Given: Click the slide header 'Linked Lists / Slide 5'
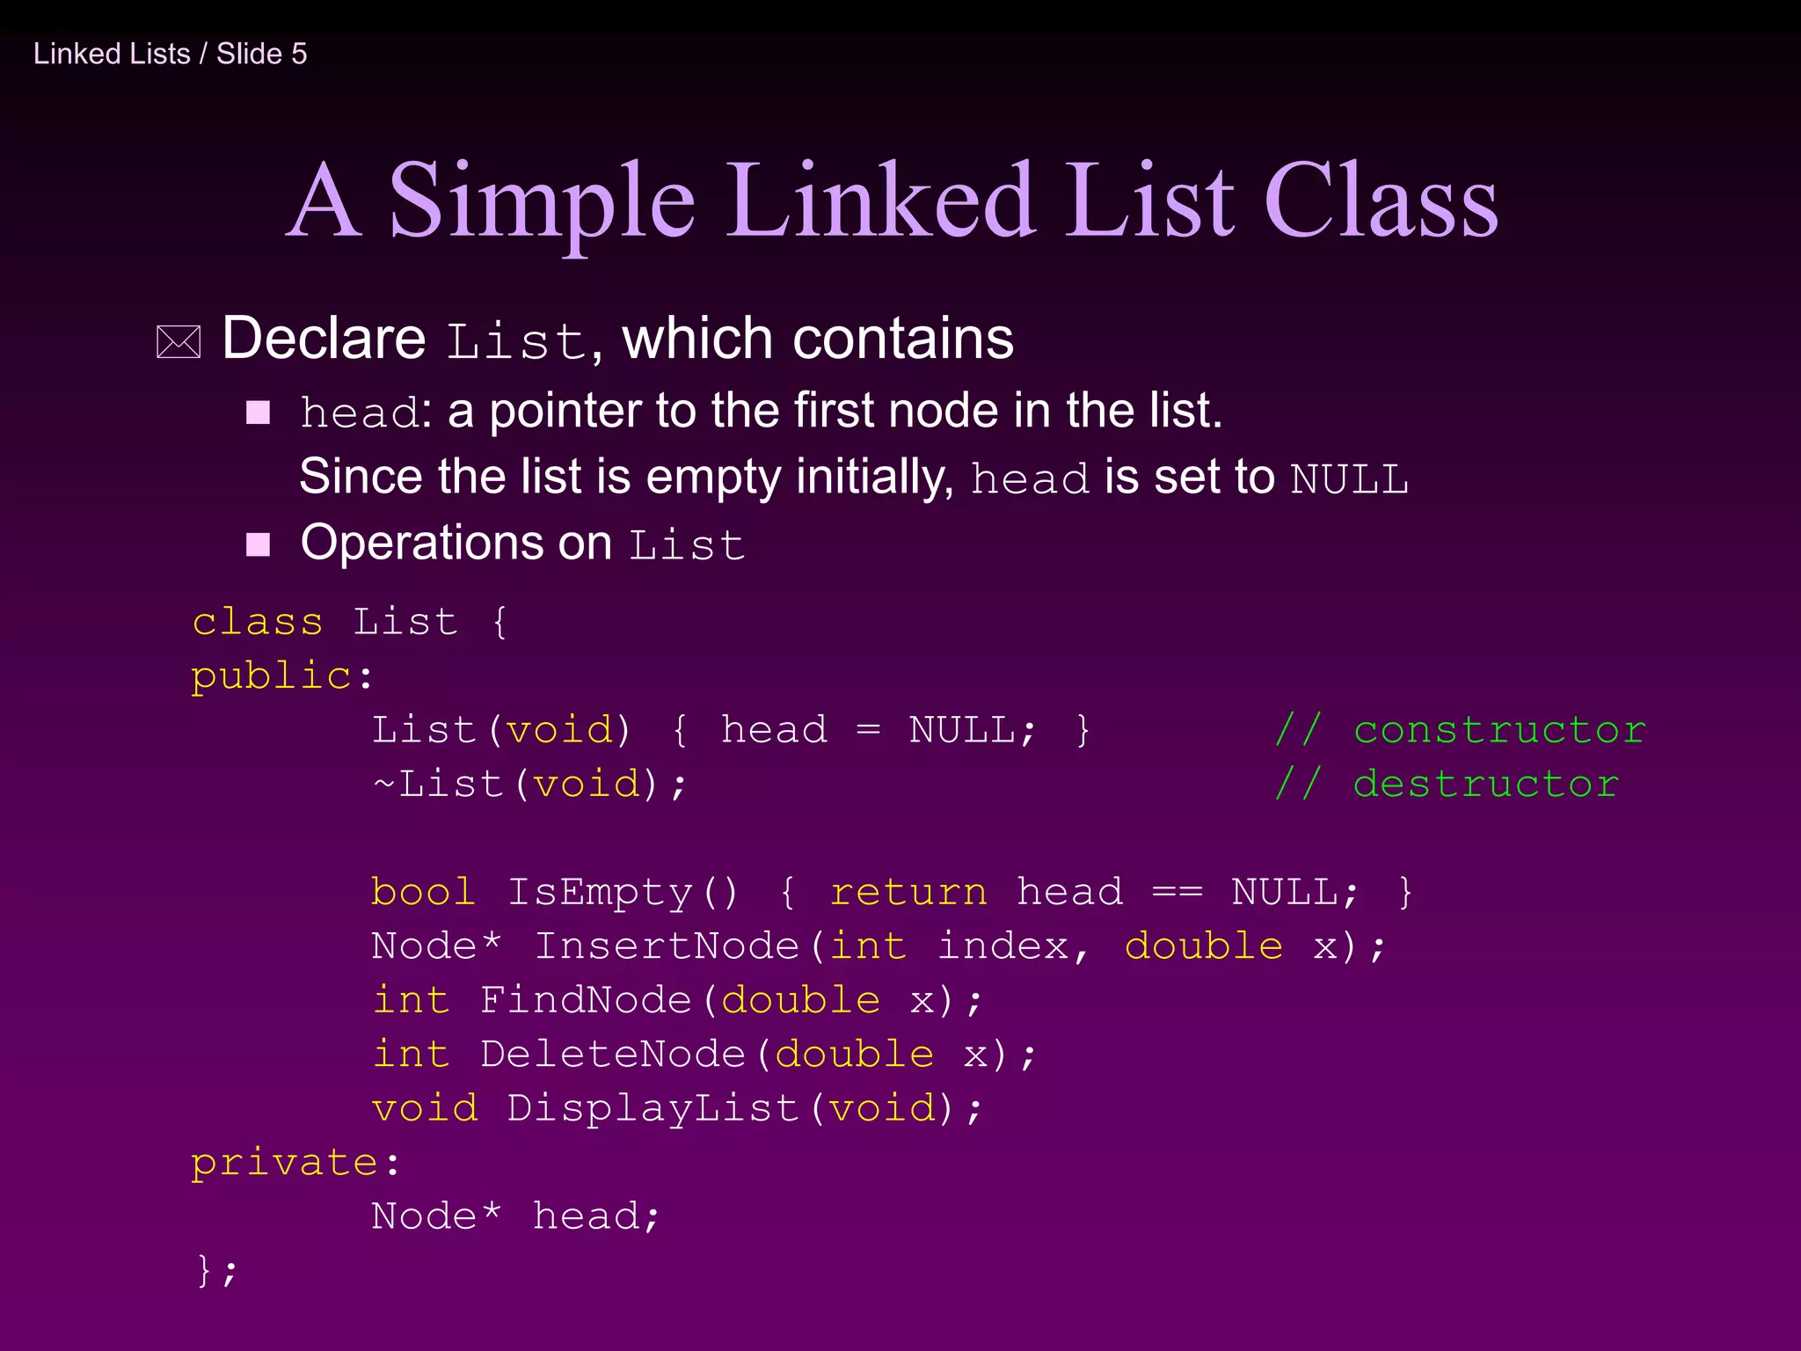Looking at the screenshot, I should tap(170, 54).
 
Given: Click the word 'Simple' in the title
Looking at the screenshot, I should tap(542, 202).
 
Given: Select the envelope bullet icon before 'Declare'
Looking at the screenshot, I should tap(179, 342).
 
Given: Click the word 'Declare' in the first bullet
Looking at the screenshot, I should tap(324, 339).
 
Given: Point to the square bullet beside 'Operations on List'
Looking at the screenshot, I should tap(258, 544).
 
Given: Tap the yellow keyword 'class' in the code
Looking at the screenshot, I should tap(258, 622).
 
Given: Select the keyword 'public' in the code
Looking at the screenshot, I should tap(272, 676).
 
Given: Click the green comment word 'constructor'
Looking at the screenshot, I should tap(1499, 730).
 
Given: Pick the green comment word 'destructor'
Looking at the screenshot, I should tap(1485, 785).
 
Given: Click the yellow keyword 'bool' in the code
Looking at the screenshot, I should tap(423, 892).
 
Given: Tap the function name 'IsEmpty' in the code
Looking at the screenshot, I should tap(600, 892).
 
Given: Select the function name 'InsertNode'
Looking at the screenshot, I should tap(667, 946).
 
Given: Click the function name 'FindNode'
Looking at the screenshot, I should tap(586, 1000).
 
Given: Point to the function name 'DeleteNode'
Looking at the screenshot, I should tap(612, 1054).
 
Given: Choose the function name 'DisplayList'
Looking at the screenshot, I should tap(653, 1108).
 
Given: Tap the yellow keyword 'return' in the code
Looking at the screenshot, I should tap(908, 892).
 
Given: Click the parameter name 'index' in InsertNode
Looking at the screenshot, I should tap(1003, 946).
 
